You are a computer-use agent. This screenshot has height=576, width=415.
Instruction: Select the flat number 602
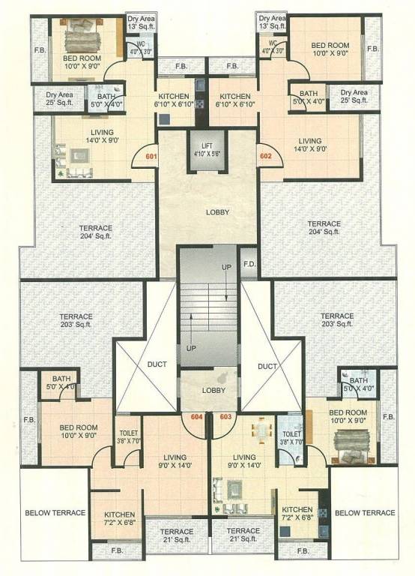[x=265, y=157]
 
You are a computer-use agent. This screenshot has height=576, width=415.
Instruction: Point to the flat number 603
[x=225, y=417]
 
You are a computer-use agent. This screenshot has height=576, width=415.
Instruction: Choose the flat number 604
[x=197, y=417]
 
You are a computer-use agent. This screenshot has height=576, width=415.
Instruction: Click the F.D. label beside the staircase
[x=249, y=265]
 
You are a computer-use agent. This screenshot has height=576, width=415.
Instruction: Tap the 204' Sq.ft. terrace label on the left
[x=96, y=232]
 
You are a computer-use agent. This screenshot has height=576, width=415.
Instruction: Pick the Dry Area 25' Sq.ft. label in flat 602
[x=354, y=96]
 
